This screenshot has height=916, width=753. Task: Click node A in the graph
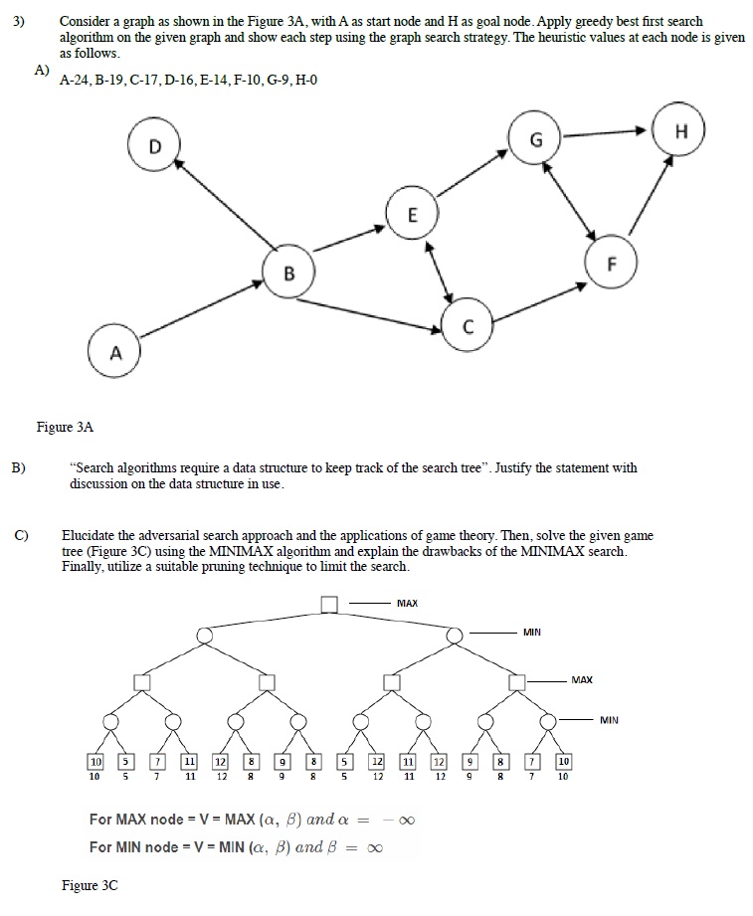tap(115, 352)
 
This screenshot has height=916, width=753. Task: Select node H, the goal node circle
tap(680, 131)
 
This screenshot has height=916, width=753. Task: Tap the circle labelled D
tap(153, 146)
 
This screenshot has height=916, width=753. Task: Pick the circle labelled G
tap(534, 140)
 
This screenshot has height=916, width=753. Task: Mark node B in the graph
tap(288, 273)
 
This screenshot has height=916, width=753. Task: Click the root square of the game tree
tap(329, 603)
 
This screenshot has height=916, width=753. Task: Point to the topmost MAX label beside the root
tap(407, 603)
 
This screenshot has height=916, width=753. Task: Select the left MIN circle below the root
tap(204, 635)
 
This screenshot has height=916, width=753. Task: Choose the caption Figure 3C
tap(90, 885)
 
